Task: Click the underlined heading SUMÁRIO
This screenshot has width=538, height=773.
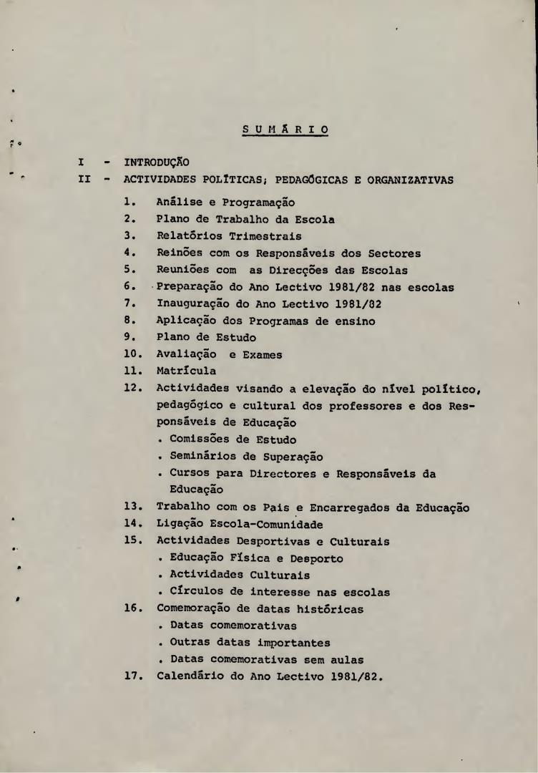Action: click(x=285, y=130)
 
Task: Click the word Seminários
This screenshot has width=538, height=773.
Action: click(x=204, y=457)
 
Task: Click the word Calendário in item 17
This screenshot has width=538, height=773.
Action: click(x=191, y=676)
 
